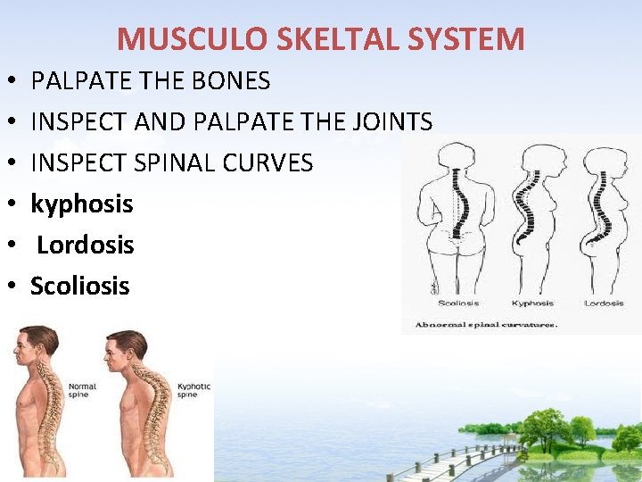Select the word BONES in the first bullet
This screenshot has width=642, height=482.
(229, 81)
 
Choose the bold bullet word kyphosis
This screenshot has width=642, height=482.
(82, 204)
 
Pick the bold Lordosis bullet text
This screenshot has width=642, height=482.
(86, 245)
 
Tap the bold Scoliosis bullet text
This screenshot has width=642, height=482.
(80, 286)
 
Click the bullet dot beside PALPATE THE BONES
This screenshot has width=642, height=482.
(8, 82)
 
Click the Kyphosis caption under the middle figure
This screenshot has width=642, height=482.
(533, 303)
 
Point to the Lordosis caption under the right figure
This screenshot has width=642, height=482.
(604, 303)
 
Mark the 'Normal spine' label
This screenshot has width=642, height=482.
(78, 389)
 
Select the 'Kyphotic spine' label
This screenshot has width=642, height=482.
(193, 389)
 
